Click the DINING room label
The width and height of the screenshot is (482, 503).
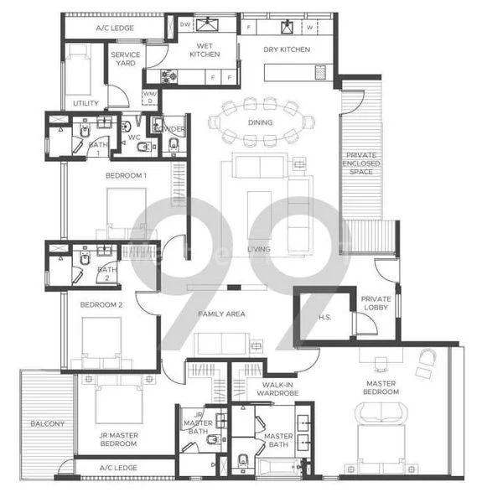coord(260,122)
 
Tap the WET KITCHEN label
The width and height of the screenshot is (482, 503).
coord(208,50)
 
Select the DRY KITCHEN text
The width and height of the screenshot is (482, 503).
coord(287,49)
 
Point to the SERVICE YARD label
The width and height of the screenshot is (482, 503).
coord(126,59)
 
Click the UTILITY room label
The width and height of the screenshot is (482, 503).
coord(85,104)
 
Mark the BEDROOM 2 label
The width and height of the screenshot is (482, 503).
coord(101,305)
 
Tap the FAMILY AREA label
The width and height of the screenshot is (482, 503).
coord(221,314)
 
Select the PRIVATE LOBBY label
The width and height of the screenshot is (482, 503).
coord(376,303)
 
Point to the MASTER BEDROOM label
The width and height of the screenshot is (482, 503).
coord(381,387)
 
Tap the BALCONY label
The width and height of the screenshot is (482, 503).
coord(47,424)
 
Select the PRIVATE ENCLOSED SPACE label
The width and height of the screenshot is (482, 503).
coord(363,164)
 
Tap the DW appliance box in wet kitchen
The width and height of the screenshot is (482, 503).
coord(185,25)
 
